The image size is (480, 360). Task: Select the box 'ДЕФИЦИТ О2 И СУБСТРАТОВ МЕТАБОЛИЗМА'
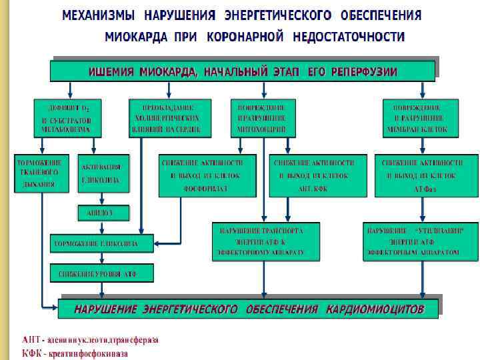67,118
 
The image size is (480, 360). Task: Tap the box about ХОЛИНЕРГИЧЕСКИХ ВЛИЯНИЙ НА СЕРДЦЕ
170,118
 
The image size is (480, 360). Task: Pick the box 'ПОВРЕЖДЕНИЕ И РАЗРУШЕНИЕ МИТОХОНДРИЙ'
262,118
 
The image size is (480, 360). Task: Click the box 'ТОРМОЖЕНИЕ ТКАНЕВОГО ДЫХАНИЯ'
41,173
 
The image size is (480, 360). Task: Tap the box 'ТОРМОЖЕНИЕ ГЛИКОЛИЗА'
101,244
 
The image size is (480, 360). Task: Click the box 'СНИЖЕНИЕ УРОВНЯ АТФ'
101,273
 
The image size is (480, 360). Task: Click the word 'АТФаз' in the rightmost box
426,189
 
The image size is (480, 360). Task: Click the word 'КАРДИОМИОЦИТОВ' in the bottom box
375,309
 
